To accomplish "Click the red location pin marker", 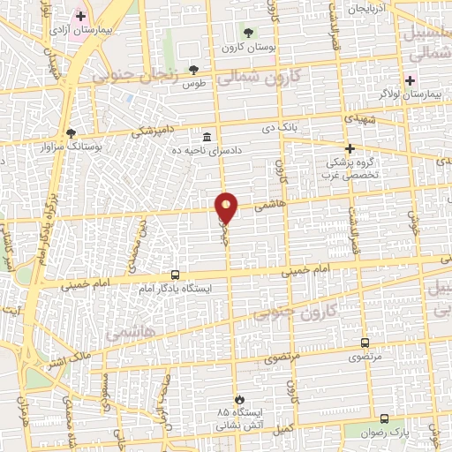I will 227,207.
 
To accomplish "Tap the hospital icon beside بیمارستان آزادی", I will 80,16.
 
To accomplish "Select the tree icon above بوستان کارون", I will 247,33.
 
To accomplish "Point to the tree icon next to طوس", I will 193,70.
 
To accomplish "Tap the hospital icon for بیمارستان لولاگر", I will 410,80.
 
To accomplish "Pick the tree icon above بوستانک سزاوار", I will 72,132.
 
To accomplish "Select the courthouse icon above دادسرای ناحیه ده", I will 207,137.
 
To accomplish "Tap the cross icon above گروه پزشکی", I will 350,148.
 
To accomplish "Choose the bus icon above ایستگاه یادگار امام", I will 175,275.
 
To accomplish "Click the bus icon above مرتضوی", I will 365,343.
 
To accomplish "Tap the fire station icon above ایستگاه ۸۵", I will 237,400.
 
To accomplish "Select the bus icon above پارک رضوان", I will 384,419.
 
